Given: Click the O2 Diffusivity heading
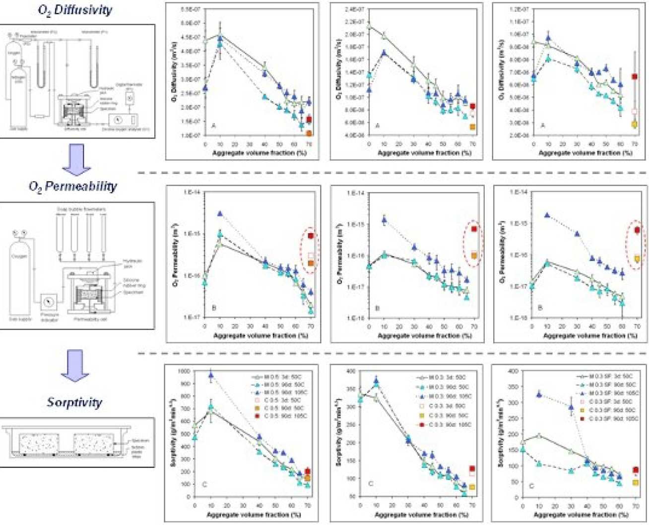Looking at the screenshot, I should (x=74, y=10).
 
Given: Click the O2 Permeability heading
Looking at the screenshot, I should (x=73, y=187).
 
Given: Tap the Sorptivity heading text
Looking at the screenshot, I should (x=74, y=402).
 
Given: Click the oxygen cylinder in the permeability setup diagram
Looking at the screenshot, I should (x=19, y=268).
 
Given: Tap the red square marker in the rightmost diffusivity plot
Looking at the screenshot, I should (x=634, y=76).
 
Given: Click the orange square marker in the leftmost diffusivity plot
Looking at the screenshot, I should (x=309, y=133).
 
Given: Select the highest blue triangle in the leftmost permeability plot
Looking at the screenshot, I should (x=220, y=214).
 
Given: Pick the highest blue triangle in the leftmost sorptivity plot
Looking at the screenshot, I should (x=211, y=376).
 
